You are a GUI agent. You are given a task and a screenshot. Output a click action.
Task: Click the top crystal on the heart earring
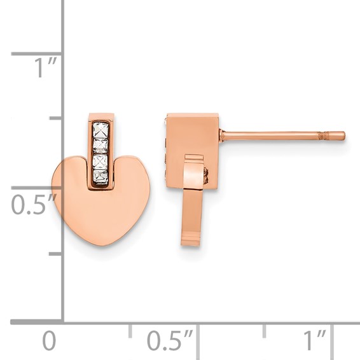pyautogui.click(x=100, y=130)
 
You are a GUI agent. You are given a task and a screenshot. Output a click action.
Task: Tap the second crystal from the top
pyautogui.click(x=100, y=146)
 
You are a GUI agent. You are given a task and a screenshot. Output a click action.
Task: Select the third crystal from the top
pyautogui.click(x=100, y=162)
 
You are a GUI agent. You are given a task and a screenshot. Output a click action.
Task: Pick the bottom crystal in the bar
pyautogui.click(x=100, y=177)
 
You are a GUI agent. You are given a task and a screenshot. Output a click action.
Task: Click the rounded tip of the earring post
pyautogui.click(x=343, y=135)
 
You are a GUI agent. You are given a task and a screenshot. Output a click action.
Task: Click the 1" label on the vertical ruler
pyautogui.click(x=45, y=67)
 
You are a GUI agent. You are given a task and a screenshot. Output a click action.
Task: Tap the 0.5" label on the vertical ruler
pyautogui.click(x=34, y=204)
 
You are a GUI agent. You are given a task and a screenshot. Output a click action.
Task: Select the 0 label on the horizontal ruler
pyautogui.click(x=49, y=340)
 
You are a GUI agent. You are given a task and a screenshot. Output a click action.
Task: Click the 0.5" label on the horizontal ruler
pyautogui.click(x=169, y=340)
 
